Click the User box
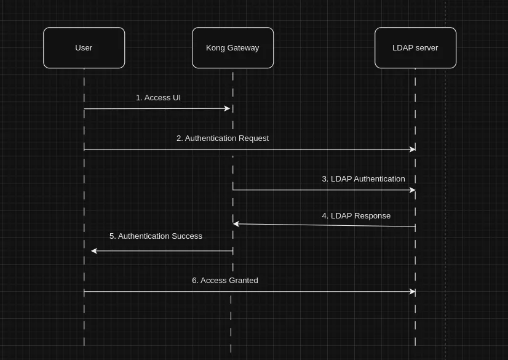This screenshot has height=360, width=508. (x=84, y=48)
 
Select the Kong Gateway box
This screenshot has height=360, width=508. (x=232, y=48)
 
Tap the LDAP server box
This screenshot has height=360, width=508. (x=415, y=48)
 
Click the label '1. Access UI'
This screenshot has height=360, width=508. (x=158, y=98)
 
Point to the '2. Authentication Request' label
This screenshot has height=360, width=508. (x=223, y=138)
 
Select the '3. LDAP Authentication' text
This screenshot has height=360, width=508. (x=363, y=179)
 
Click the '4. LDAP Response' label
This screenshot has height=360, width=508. (x=356, y=216)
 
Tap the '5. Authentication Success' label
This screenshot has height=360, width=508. (x=156, y=236)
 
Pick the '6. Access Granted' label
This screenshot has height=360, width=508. (x=225, y=281)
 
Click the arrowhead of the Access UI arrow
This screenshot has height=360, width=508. (x=228, y=108)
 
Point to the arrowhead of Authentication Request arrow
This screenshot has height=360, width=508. (x=413, y=150)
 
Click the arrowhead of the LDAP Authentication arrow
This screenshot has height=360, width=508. (x=413, y=190)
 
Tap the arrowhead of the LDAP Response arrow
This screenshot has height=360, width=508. (x=236, y=224)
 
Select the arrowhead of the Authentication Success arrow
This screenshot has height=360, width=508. (x=94, y=251)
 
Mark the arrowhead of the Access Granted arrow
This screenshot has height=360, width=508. (x=413, y=292)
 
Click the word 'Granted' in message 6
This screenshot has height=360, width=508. (x=244, y=281)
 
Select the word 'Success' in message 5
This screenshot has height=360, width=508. (x=187, y=236)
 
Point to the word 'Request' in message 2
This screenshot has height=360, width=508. (x=255, y=138)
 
